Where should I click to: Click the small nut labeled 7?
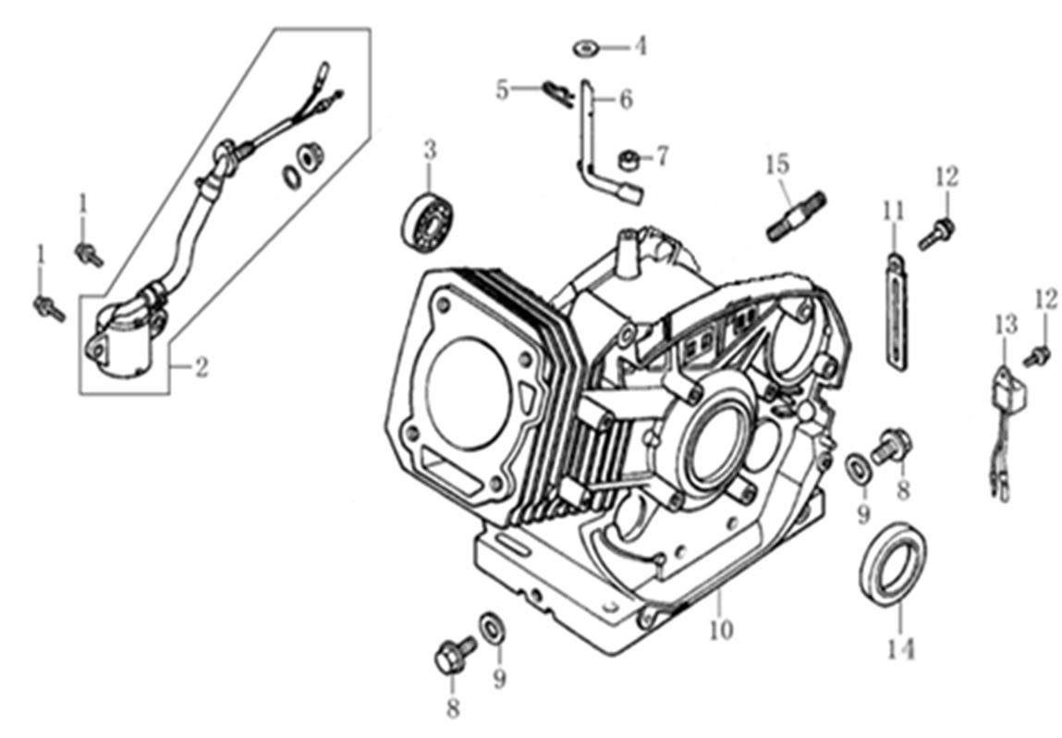click(x=629, y=161)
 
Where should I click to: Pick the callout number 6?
click(x=626, y=99)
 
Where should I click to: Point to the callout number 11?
click(x=892, y=211)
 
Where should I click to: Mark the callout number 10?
click(x=721, y=630)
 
